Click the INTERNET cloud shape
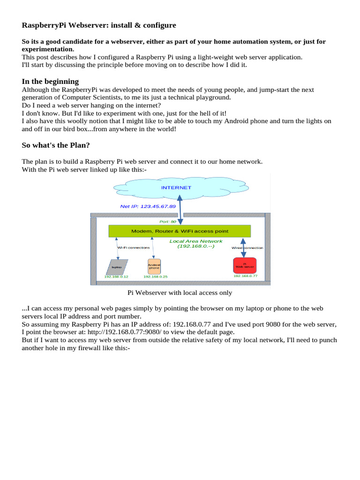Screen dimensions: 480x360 [176, 188]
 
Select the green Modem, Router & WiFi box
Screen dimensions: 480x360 [180, 231]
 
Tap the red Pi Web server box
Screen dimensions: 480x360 [245, 266]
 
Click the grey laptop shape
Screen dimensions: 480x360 [117, 267]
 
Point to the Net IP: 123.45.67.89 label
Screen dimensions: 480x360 [148, 206]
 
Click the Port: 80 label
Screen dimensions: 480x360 [168, 222]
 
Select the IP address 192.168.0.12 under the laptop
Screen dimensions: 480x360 [116, 277]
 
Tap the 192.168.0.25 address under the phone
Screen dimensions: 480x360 [155, 277]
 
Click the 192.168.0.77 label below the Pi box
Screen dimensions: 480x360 [245, 276]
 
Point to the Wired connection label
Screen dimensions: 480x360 [247, 247]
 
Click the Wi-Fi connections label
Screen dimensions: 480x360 [133, 247]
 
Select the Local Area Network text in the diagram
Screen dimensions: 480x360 [196, 241]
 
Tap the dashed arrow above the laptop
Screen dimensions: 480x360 [118, 248]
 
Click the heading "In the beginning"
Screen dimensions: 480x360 [50, 82]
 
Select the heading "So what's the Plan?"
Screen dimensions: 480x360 [57, 145]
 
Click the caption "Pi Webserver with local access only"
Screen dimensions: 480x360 [180, 293]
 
